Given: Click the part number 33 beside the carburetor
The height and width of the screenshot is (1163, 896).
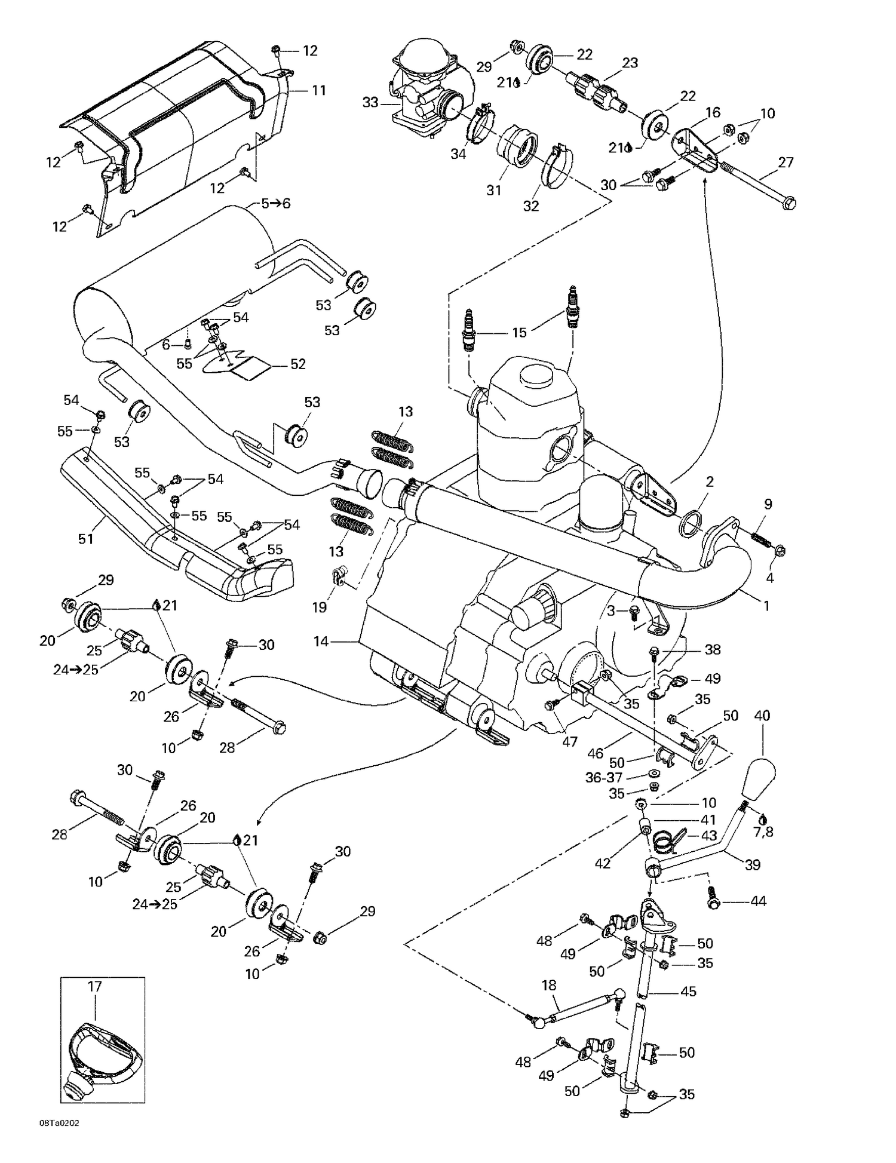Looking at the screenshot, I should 370,103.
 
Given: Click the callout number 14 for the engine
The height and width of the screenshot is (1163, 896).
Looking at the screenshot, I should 321,642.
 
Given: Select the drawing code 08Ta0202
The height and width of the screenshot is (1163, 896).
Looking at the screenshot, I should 59,1139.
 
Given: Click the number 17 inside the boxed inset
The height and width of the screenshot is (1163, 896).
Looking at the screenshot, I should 95,987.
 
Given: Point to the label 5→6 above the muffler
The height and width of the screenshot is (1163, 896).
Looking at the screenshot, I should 275,203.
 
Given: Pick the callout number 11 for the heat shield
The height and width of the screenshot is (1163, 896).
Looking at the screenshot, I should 319,90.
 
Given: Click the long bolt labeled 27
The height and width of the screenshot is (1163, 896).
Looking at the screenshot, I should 759,186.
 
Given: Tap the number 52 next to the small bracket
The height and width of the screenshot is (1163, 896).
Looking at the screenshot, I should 297,364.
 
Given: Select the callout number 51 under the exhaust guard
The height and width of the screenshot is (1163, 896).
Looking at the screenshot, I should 85,539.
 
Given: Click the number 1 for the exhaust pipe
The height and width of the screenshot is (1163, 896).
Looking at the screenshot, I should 766,606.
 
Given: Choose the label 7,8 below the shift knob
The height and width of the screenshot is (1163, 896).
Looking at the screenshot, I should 763,831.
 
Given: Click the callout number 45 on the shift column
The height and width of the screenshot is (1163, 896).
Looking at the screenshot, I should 688,992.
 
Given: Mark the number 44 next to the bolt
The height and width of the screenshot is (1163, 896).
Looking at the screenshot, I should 757,901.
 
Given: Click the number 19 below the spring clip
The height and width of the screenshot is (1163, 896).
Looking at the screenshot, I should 320,607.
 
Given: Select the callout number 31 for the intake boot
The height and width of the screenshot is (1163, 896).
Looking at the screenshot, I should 493,191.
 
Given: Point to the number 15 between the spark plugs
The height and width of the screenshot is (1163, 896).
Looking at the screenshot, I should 520,332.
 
